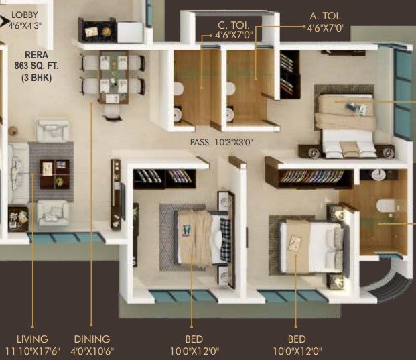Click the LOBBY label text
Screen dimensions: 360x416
pyautogui.click(x=21, y=15)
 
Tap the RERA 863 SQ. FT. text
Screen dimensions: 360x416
pyautogui.click(x=33, y=66)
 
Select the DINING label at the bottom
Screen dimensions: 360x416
pyautogui.click(x=92, y=339)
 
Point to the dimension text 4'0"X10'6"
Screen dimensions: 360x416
pyautogui.click(x=92, y=351)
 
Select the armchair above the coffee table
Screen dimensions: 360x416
pyautogui.click(x=54, y=130)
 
